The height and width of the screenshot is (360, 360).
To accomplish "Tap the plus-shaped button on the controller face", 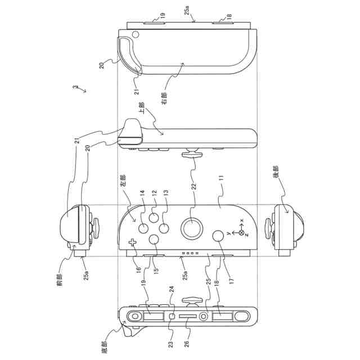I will click(133, 243).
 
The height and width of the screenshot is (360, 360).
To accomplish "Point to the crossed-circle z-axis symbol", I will click(241, 232).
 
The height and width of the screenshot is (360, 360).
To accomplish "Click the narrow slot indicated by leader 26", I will click(187, 317).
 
